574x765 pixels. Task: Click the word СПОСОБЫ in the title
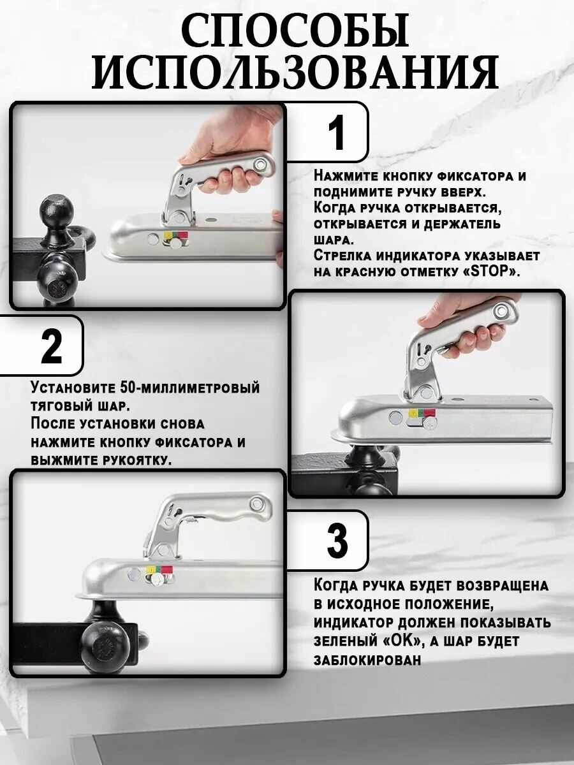click(295, 31)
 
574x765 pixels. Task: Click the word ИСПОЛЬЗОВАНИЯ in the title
click(295, 71)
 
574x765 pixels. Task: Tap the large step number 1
click(336, 133)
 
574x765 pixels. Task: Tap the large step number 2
click(51, 346)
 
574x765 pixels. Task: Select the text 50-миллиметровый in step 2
click(189, 388)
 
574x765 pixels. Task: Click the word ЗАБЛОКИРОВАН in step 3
click(367, 660)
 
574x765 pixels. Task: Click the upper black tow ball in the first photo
click(57, 210)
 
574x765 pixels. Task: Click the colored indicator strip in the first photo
click(175, 235)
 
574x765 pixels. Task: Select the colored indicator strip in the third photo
click(159, 571)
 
